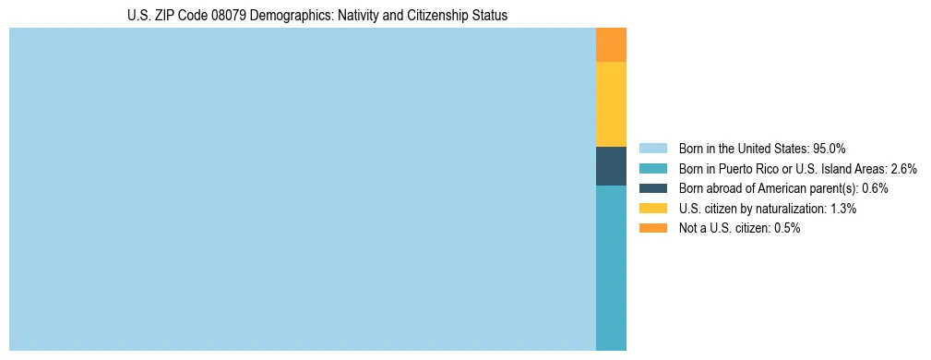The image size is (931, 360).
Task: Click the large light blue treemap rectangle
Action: [x=303, y=189]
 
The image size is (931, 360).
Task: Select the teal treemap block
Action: [x=611, y=268]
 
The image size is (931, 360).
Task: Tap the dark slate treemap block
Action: [x=611, y=166]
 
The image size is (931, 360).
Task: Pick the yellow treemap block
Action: [x=611, y=104]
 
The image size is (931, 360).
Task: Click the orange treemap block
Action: [x=611, y=45]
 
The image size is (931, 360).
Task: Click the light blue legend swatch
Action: [x=652, y=149]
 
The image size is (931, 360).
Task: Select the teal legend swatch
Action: [x=652, y=169]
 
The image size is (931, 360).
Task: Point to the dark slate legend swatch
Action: [x=652, y=188]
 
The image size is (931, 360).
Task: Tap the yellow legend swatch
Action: [x=652, y=209]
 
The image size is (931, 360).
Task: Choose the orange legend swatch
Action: [x=652, y=228]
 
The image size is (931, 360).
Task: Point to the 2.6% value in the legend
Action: [x=903, y=169]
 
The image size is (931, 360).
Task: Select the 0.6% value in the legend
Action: [x=875, y=188]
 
